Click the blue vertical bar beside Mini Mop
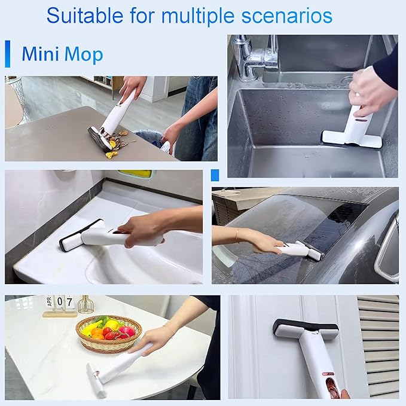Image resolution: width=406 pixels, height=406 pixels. coord(8,54)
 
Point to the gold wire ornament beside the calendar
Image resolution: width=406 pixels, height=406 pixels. coord(86,306)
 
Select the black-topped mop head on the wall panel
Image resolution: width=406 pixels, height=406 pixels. coord(305,329)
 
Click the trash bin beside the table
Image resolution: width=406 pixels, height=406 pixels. coord(149,140)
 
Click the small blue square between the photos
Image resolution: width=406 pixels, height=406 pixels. coord(215,175)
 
